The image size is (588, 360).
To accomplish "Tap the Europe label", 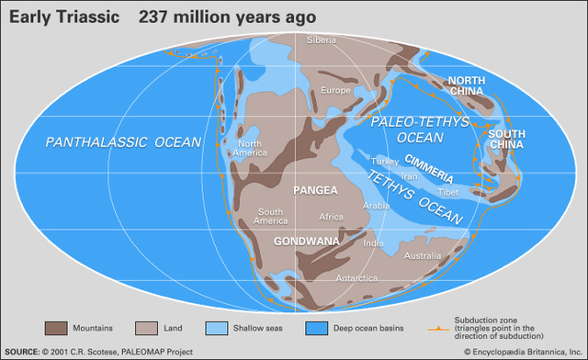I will pyautogui.click(x=334, y=91).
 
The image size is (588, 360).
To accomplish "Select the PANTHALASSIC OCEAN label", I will pyautogui.click(x=110, y=142).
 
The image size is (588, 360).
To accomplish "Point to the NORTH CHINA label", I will pyautogui.click(x=473, y=87).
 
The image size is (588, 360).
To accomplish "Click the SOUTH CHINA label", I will pyautogui.click(x=506, y=139).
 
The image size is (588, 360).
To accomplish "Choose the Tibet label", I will pyautogui.click(x=449, y=193).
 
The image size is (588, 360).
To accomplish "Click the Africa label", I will pyautogui.click(x=331, y=218).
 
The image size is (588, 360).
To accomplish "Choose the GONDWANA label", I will pyautogui.click(x=305, y=241).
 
